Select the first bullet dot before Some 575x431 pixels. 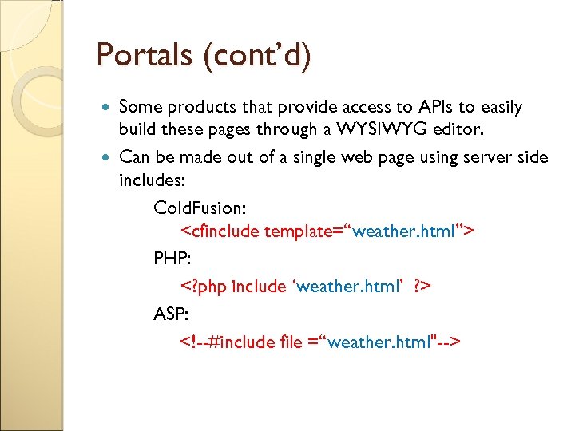pos(109,107)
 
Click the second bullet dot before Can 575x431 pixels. pos(109,157)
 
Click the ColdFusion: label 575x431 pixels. pos(200,208)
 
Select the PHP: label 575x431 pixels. pos(172,259)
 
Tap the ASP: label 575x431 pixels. pos(171,313)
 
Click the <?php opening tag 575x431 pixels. pos(203,286)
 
